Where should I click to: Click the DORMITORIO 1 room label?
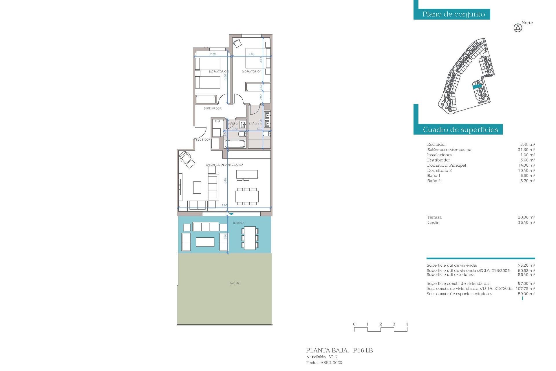click(x=252, y=71)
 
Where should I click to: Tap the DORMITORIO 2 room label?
click(x=219, y=71)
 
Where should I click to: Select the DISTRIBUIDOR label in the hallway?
click(x=213, y=108)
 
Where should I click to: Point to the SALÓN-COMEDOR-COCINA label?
click(x=224, y=165)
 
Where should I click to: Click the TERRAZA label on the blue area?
click(x=238, y=223)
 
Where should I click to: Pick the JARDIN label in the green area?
click(x=234, y=283)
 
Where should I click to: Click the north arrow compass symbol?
click(x=518, y=28)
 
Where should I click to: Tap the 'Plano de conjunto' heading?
click(x=453, y=14)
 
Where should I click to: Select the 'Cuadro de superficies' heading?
click(x=460, y=130)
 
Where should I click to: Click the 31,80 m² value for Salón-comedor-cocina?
click(x=526, y=150)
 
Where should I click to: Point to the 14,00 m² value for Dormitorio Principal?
click(x=526, y=165)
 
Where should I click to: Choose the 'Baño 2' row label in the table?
click(x=434, y=181)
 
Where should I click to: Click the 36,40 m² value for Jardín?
click(x=526, y=222)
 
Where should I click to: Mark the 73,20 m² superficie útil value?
click(x=526, y=265)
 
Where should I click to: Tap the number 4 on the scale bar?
click(x=407, y=324)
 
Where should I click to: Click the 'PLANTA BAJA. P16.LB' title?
click(x=339, y=350)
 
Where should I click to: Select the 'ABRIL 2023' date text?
click(x=331, y=362)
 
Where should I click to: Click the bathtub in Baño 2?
click(x=235, y=144)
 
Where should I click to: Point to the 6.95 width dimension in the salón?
click(x=224, y=205)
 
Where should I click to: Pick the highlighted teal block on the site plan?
click(x=477, y=86)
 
